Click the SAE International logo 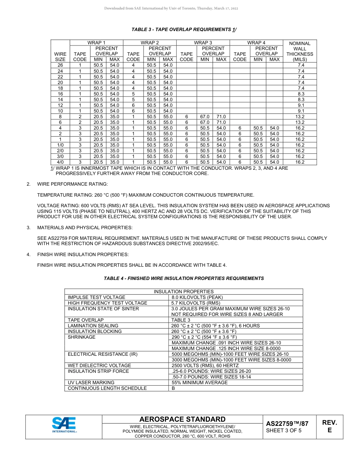click(64, 425)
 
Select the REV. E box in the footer click(329, 426)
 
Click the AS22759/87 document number click(287, 424)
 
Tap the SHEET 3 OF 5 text click(284, 430)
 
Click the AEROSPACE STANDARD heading click(182, 419)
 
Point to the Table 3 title click(184, 30)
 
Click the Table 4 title click(184, 278)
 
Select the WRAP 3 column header click(203, 43)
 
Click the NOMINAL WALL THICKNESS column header click(300, 51)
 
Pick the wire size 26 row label click(60, 65)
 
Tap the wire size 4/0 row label click(60, 162)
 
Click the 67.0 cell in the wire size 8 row click(205, 117)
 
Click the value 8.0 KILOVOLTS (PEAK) click(197, 297)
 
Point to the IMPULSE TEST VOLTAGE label click(96, 297)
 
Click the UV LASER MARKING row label click(91, 383)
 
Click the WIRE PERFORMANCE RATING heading click(72, 184)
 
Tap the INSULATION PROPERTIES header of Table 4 click(183, 291)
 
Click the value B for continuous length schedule click(174, 388)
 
